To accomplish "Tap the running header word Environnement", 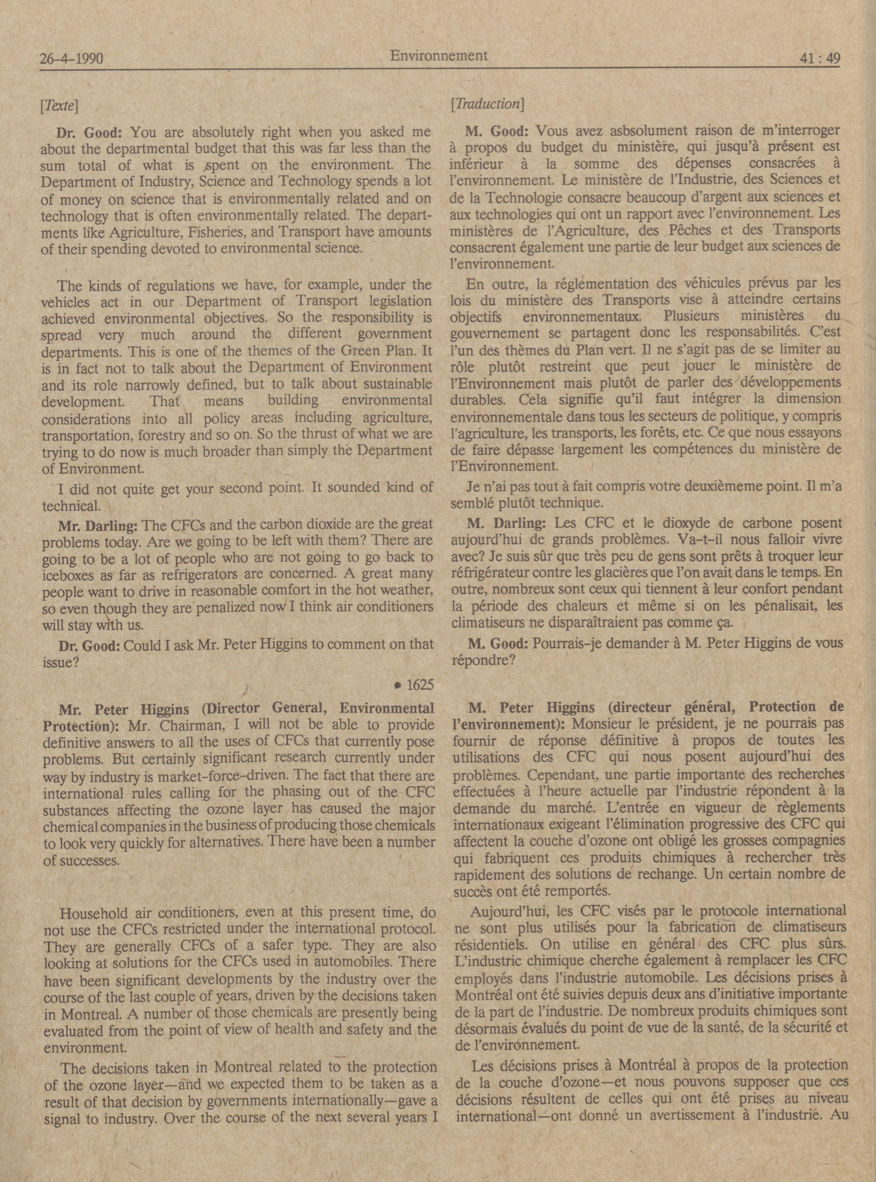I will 439,55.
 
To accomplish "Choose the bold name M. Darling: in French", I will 506,524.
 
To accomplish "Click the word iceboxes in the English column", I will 67,576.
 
